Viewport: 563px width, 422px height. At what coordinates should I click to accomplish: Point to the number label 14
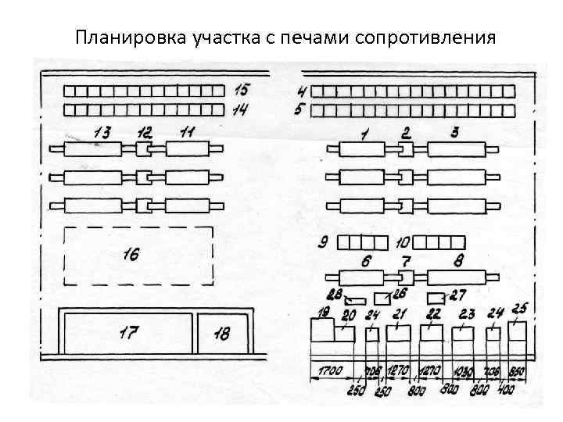click(x=240, y=110)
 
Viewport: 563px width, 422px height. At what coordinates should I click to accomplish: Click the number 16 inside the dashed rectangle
click(x=131, y=254)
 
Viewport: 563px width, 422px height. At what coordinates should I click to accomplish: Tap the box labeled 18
click(x=222, y=333)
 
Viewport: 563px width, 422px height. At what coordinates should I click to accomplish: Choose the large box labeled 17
click(x=128, y=333)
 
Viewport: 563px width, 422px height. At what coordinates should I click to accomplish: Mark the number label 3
click(x=454, y=131)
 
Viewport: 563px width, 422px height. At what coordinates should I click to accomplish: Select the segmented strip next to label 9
click(x=361, y=242)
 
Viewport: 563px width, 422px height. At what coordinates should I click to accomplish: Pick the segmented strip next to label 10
click(x=439, y=242)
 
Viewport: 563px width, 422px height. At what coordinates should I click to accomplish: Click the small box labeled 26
click(x=382, y=299)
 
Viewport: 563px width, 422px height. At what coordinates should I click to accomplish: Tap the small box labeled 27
click(x=435, y=299)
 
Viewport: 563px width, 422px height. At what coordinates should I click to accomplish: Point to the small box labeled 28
click(x=356, y=300)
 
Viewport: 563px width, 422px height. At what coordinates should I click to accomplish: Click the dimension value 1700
click(x=330, y=371)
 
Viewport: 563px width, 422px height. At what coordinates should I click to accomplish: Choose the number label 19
click(x=323, y=313)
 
